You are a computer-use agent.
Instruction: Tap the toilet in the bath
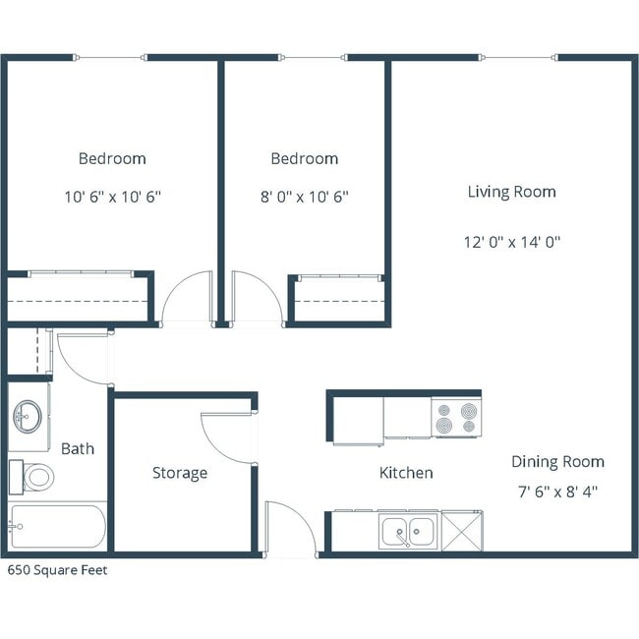(x=35, y=478)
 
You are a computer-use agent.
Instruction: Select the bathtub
(x=57, y=526)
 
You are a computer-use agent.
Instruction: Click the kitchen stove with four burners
(x=456, y=417)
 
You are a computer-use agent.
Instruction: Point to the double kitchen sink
(x=409, y=531)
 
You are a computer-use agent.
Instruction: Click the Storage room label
(x=180, y=473)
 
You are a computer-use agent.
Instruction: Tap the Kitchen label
(x=406, y=473)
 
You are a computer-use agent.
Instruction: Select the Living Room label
(x=511, y=192)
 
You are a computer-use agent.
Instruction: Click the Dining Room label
(x=557, y=462)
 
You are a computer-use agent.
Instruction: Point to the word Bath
(x=78, y=448)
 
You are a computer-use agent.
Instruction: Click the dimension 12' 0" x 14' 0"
(x=512, y=241)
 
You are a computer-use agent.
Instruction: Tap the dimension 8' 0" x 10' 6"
(x=305, y=197)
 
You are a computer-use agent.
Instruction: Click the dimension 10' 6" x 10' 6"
(x=112, y=197)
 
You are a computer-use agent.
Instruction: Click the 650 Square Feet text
(x=58, y=569)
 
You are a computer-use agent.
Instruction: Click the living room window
(x=519, y=58)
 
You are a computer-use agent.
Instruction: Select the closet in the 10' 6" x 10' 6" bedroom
(x=79, y=298)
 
